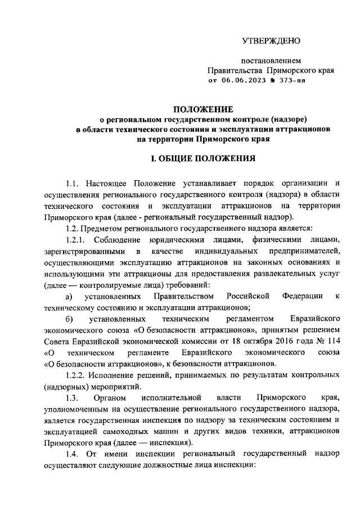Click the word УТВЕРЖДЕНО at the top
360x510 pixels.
click(x=271, y=41)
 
